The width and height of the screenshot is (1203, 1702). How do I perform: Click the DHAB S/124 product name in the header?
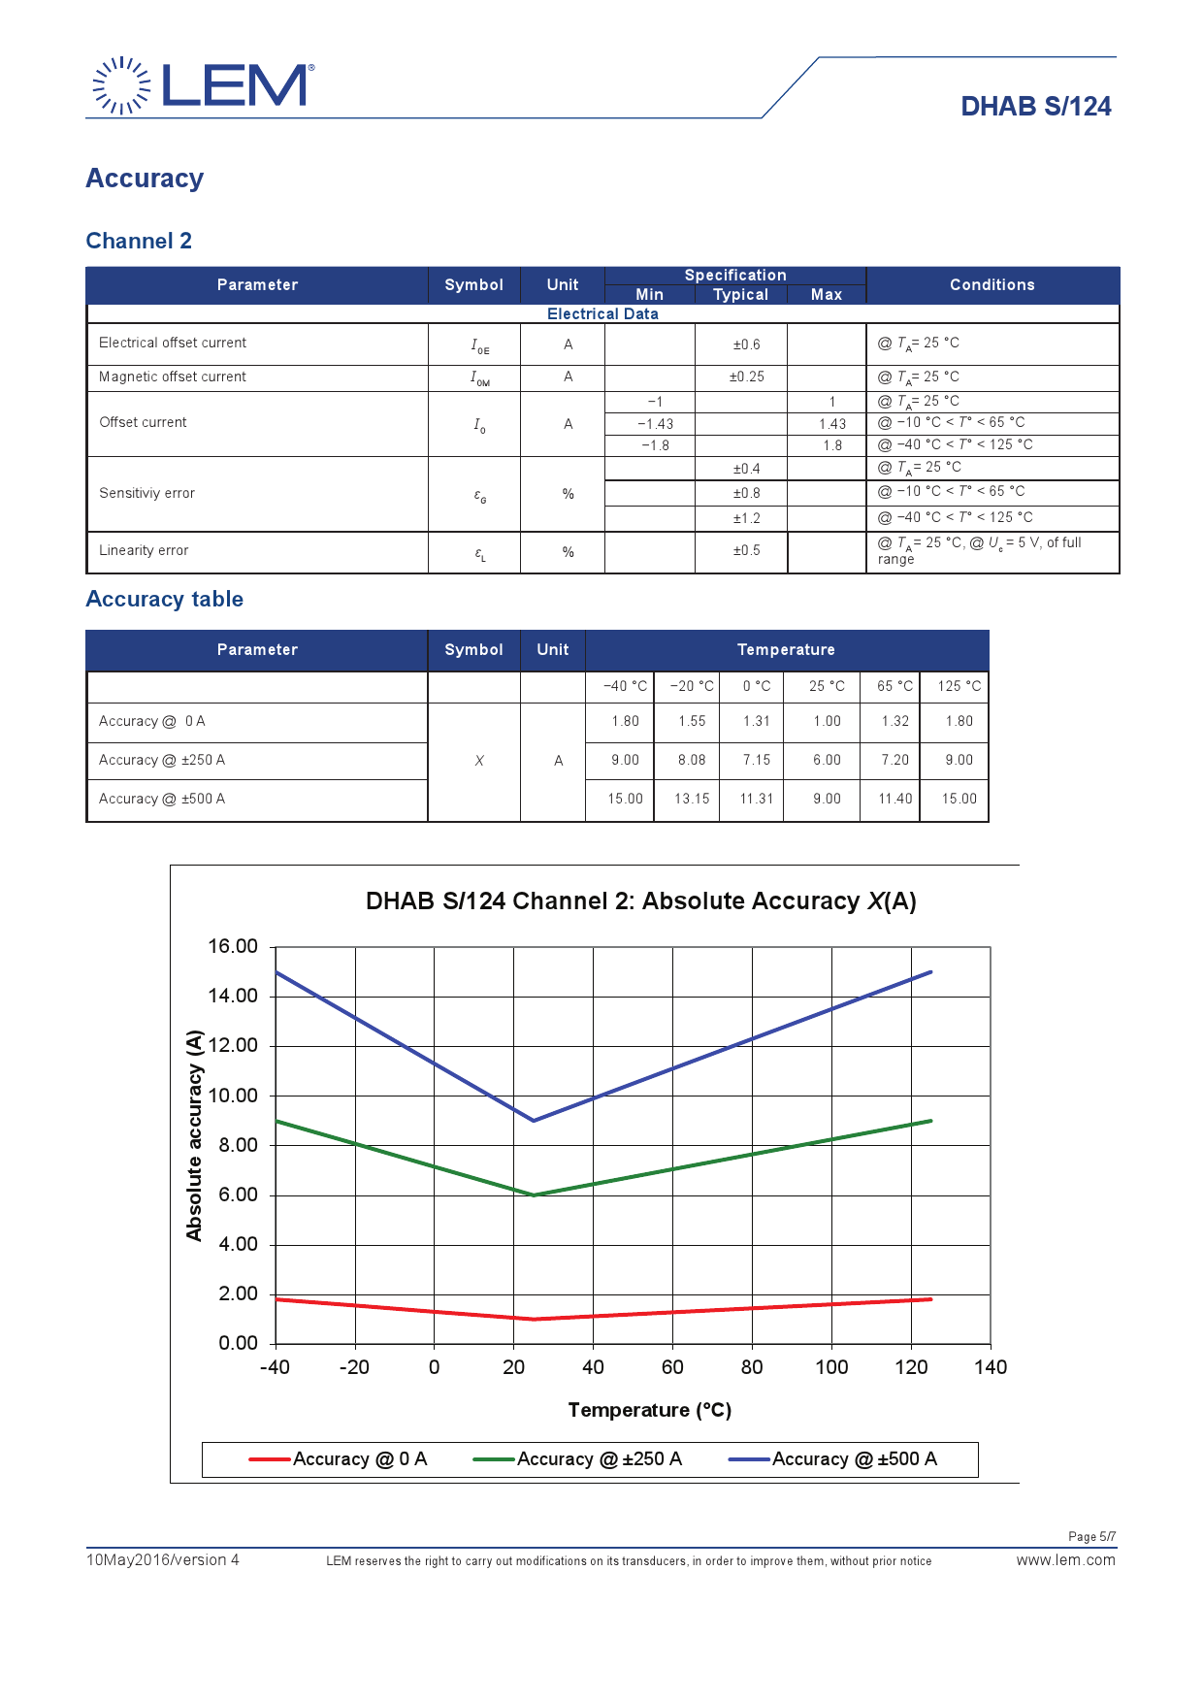1035,107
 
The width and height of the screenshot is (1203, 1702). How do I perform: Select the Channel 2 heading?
139,241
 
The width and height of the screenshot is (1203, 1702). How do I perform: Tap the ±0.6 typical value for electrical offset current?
746,344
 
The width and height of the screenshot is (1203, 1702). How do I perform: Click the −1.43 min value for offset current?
655,424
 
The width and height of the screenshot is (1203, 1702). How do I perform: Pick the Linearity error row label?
144,550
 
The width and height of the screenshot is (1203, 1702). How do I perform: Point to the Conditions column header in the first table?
992,284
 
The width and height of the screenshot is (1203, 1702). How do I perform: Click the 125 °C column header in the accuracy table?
959,686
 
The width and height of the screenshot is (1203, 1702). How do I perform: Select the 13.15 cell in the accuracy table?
692,799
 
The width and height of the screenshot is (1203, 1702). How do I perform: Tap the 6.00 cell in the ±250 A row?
827,760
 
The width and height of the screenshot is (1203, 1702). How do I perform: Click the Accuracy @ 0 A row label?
152,721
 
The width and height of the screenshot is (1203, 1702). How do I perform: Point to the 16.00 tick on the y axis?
233,946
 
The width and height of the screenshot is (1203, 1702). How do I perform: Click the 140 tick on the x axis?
991,1367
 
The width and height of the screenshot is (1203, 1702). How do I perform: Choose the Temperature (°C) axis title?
649,1410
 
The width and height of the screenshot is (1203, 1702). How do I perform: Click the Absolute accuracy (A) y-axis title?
194,1135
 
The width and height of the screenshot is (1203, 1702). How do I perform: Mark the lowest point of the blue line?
534,1121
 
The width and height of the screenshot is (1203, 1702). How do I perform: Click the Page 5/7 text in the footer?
1091,1536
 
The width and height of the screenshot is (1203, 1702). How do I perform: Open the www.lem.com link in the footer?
1065,1560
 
